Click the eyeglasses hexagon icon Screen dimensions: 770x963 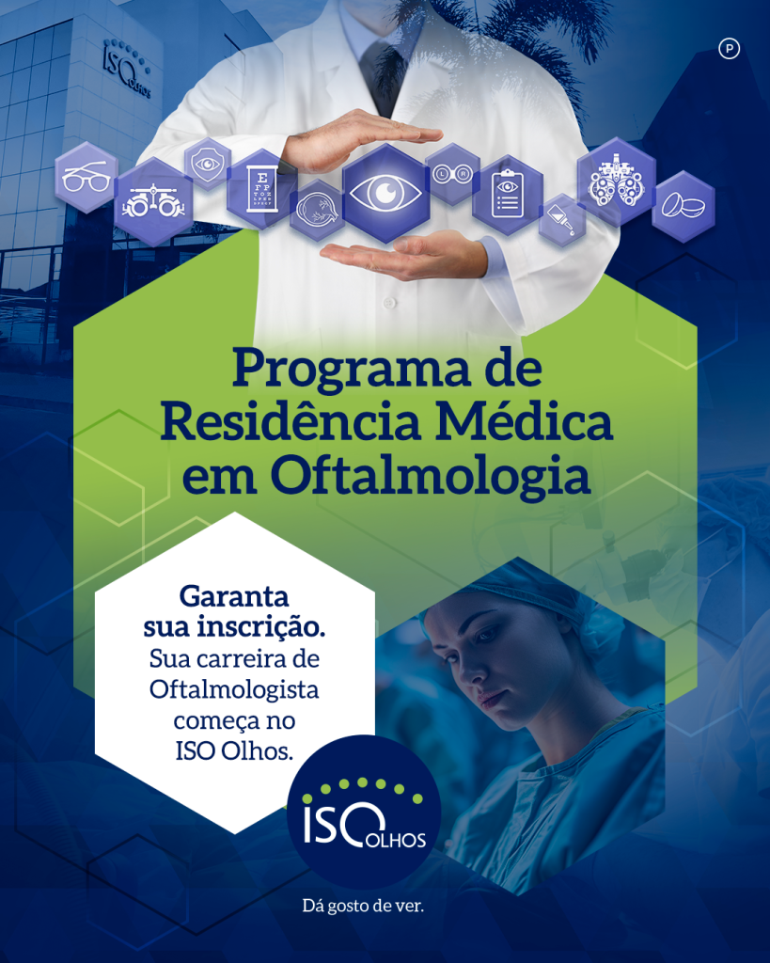86,178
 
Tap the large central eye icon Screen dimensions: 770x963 385,193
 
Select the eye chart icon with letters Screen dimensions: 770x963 262,188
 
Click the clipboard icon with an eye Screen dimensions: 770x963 508,195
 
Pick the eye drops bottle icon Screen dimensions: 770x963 562,220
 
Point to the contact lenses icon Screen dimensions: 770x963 683,206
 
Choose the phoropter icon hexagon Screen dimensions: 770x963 616,182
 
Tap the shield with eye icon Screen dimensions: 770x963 208,164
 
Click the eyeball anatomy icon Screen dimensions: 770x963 317,210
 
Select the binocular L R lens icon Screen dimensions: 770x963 452,174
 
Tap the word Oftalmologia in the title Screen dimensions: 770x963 431,477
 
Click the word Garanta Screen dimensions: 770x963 234,595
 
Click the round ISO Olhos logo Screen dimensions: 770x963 364,812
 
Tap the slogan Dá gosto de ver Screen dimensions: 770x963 363,906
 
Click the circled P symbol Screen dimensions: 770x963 729,49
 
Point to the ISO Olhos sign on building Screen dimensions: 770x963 127,69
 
